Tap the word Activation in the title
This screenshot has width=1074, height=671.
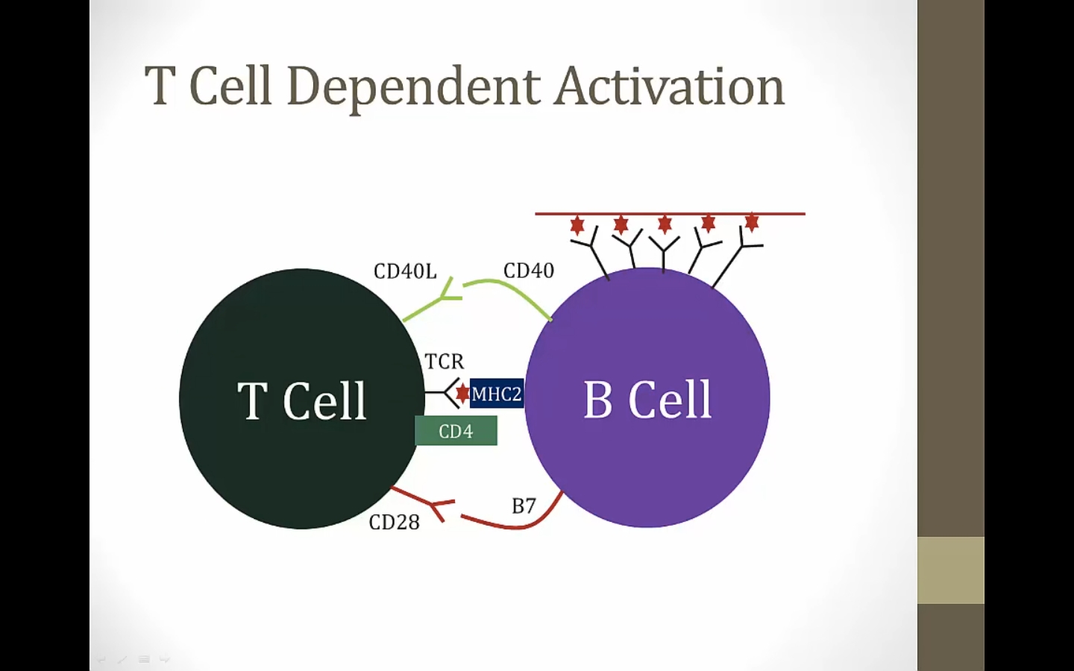(669, 86)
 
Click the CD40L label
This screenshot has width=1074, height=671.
(405, 271)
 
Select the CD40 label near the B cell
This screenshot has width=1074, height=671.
(529, 271)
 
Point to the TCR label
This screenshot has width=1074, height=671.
(445, 362)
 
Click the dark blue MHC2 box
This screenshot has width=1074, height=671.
(497, 394)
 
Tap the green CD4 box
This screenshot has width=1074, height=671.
(456, 431)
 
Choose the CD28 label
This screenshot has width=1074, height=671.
(395, 523)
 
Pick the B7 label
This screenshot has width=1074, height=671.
(524, 506)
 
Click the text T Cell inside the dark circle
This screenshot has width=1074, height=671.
(302, 401)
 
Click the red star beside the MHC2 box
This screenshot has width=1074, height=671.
(462, 393)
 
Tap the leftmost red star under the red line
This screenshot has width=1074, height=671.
(577, 224)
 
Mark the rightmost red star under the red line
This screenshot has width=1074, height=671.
(752, 222)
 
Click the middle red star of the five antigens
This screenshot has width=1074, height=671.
(665, 224)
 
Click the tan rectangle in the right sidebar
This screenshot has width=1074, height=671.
(951, 570)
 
